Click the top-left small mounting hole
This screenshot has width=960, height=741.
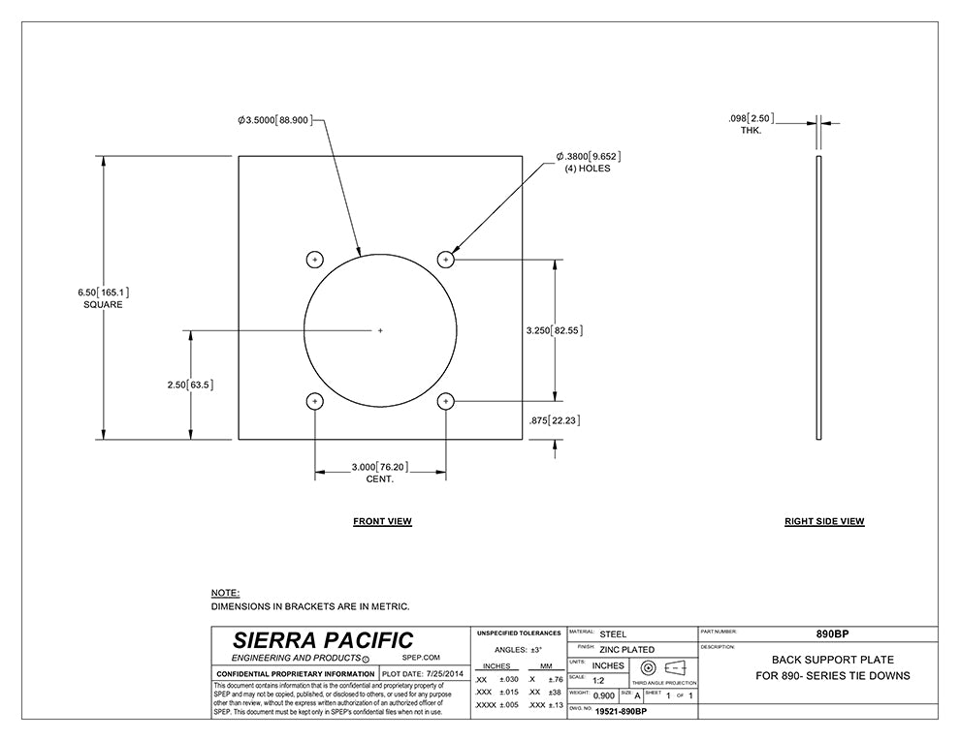(314, 259)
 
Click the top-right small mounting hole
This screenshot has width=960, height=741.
(446, 259)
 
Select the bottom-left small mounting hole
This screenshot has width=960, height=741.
(314, 401)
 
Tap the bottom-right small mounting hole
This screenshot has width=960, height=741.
(446, 401)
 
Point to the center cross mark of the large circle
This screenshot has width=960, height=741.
(380, 330)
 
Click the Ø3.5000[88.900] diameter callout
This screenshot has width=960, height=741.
(274, 120)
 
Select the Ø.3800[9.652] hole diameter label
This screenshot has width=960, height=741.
(588, 156)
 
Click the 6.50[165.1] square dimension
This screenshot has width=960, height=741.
(104, 292)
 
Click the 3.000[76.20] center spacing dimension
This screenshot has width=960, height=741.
(379, 467)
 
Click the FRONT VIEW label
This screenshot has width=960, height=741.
(382, 521)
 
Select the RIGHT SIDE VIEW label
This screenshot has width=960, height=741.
(824, 521)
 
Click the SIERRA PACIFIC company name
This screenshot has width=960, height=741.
(323, 640)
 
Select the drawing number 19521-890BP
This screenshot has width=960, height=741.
(621, 712)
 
